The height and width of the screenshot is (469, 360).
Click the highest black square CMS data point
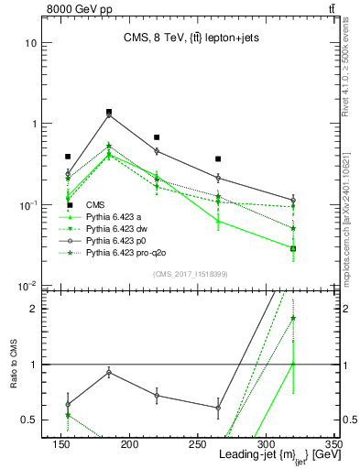(x=109, y=112)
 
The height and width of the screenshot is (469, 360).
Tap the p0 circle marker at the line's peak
(x=109, y=115)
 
